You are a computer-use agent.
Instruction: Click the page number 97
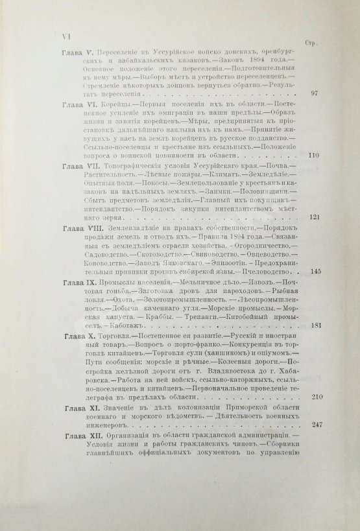(313, 93)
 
